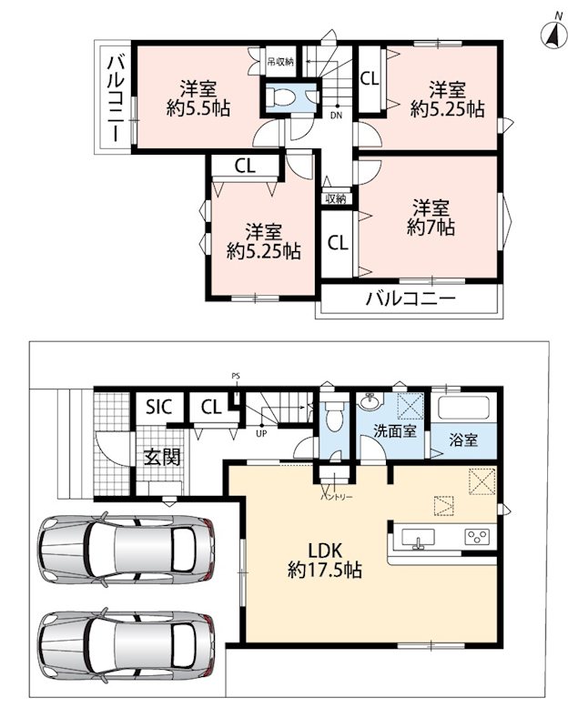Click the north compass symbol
point(554,35)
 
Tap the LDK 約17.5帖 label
point(325,561)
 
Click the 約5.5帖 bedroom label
point(198,98)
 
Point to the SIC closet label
point(158,407)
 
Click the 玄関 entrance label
point(161,458)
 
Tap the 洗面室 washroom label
point(395,430)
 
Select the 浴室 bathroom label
point(463,440)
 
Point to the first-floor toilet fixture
point(333,417)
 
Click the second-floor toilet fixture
point(283,96)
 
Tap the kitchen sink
point(419,539)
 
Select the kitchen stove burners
point(477,537)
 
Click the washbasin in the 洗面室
point(370,401)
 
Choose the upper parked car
point(127,549)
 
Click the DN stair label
point(336,116)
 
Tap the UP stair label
point(261,435)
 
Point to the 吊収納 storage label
point(280,61)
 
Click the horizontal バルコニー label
point(411,298)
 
